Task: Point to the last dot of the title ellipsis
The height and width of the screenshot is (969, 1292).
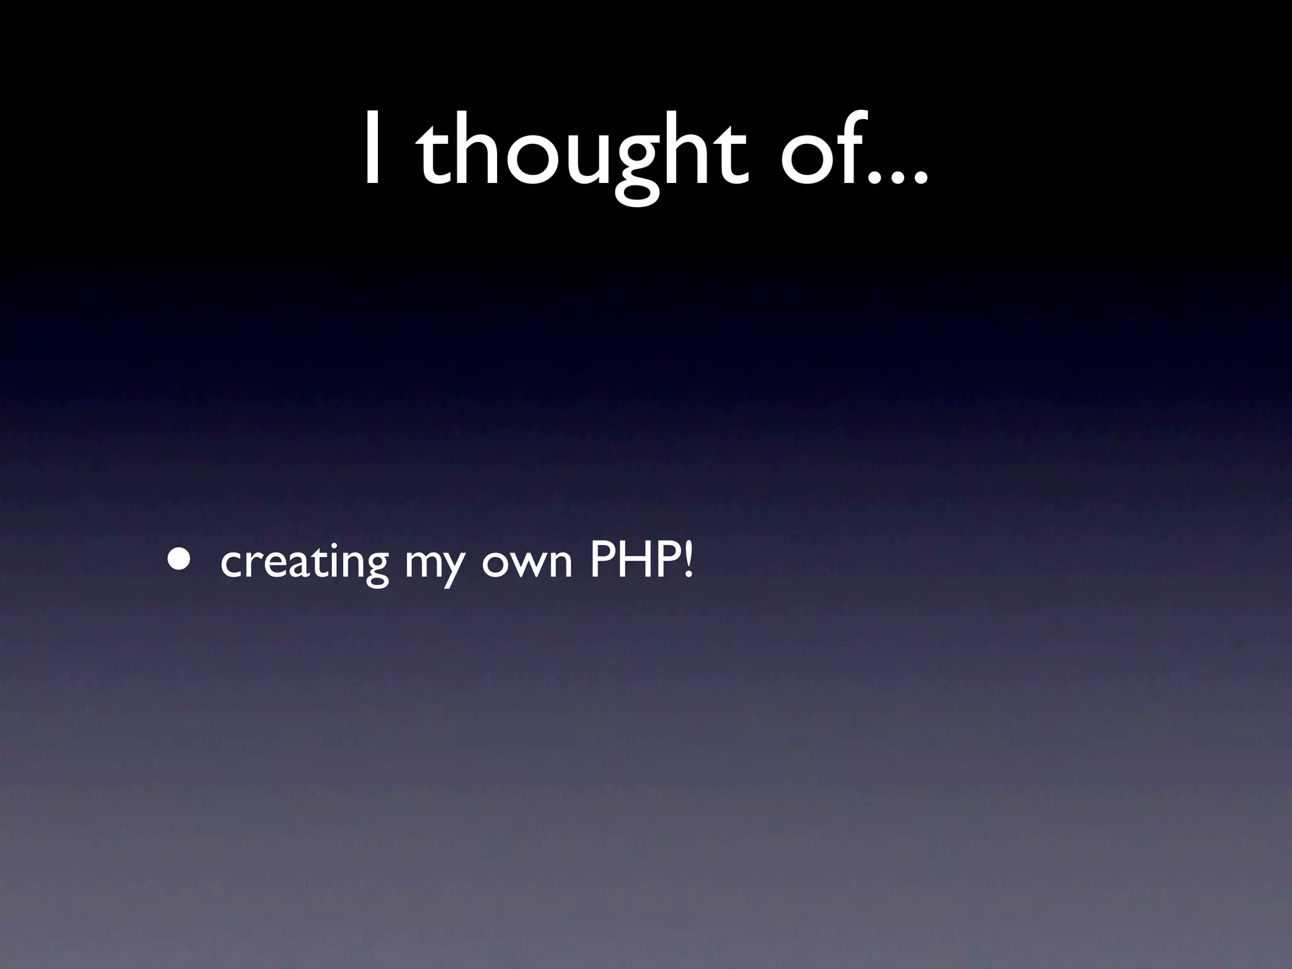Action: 919,179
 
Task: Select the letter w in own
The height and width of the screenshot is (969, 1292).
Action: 527,563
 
